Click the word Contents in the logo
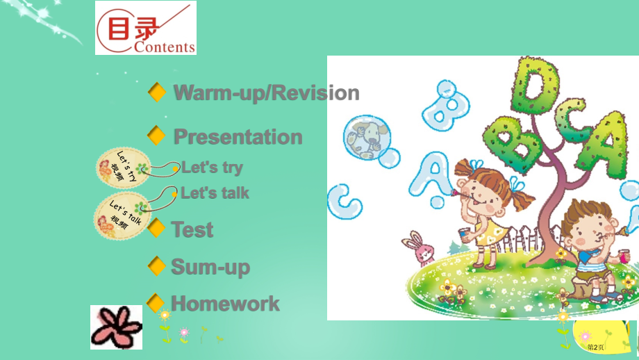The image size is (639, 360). [165, 47]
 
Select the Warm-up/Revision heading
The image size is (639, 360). [267, 93]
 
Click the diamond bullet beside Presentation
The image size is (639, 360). [156, 136]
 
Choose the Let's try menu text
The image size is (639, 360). [212, 167]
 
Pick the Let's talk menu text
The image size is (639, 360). [215, 193]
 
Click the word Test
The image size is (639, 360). [192, 229]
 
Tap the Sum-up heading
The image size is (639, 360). [210, 268]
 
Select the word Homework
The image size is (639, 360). [225, 304]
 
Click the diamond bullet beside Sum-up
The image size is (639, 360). [156, 265]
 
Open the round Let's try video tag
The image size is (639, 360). [124, 167]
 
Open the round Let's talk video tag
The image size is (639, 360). [122, 215]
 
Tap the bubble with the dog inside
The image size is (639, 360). [367, 138]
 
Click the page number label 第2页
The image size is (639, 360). [595, 347]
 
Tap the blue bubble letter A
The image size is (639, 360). [432, 176]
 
